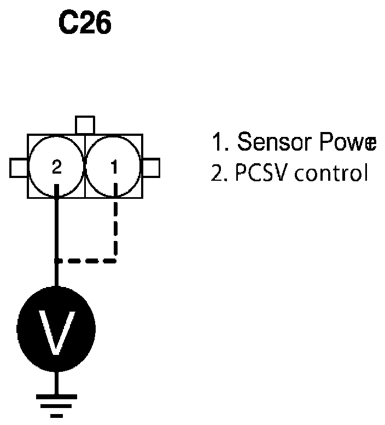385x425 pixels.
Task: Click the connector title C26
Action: (x=84, y=25)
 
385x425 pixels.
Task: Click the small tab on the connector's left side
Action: (x=19, y=167)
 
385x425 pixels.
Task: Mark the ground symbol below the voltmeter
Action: (x=56, y=403)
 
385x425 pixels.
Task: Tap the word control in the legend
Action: (x=327, y=174)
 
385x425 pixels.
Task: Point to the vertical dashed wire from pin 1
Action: (x=115, y=225)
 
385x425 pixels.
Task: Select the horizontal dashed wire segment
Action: (x=86, y=260)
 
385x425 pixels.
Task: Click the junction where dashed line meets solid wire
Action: (x=56, y=260)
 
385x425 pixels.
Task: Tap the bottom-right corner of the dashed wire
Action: (x=115, y=260)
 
